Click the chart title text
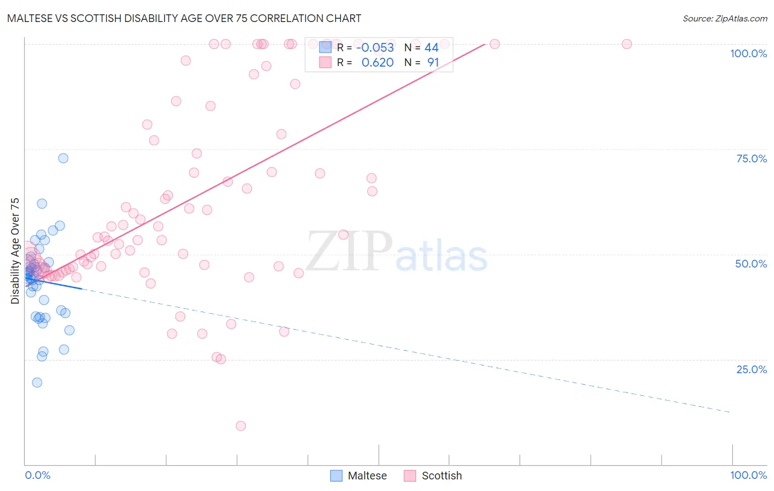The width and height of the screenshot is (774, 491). (x=184, y=18)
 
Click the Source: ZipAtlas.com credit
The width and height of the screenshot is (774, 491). (x=724, y=18)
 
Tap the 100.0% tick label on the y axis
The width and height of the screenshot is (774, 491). (x=748, y=53)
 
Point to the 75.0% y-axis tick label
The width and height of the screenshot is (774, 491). (x=751, y=159)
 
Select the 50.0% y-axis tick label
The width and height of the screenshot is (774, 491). (x=751, y=264)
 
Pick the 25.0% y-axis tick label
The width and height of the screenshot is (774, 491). (x=751, y=369)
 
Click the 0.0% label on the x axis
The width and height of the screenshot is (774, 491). (x=37, y=475)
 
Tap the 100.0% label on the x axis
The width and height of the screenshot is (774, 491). (x=748, y=475)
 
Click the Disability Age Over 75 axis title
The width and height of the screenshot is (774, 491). (x=15, y=251)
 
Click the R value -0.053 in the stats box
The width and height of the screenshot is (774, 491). (x=375, y=48)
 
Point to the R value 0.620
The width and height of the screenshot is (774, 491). (x=377, y=63)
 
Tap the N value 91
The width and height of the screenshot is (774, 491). (x=433, y=63)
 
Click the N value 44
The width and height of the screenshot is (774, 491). (x=432, y=48)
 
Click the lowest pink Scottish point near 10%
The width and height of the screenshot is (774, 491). (x=241, y=425)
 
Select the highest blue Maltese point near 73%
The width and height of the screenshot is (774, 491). (x=63, y=158)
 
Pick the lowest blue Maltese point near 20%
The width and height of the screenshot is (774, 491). (x=37, y=383)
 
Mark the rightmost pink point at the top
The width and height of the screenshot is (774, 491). (x=626, y=44)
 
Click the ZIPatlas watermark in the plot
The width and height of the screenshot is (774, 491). (x=396, y=252)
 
